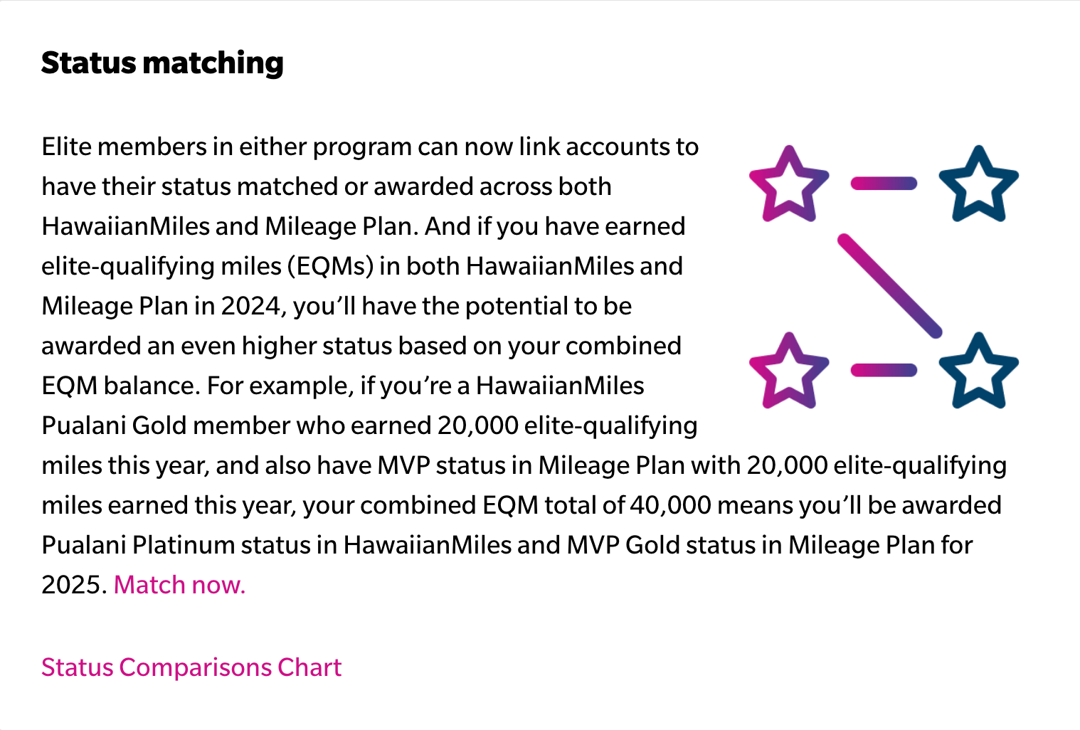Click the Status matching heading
click(162, 63)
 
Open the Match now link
click(179, 585)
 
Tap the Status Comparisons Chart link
click(191, 667)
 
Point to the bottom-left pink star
click(788, 371)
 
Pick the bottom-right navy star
click(979, 371)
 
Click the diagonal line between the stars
click(890, 285)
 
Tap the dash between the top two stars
click(884, 184)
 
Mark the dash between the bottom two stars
click(884, 370)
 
